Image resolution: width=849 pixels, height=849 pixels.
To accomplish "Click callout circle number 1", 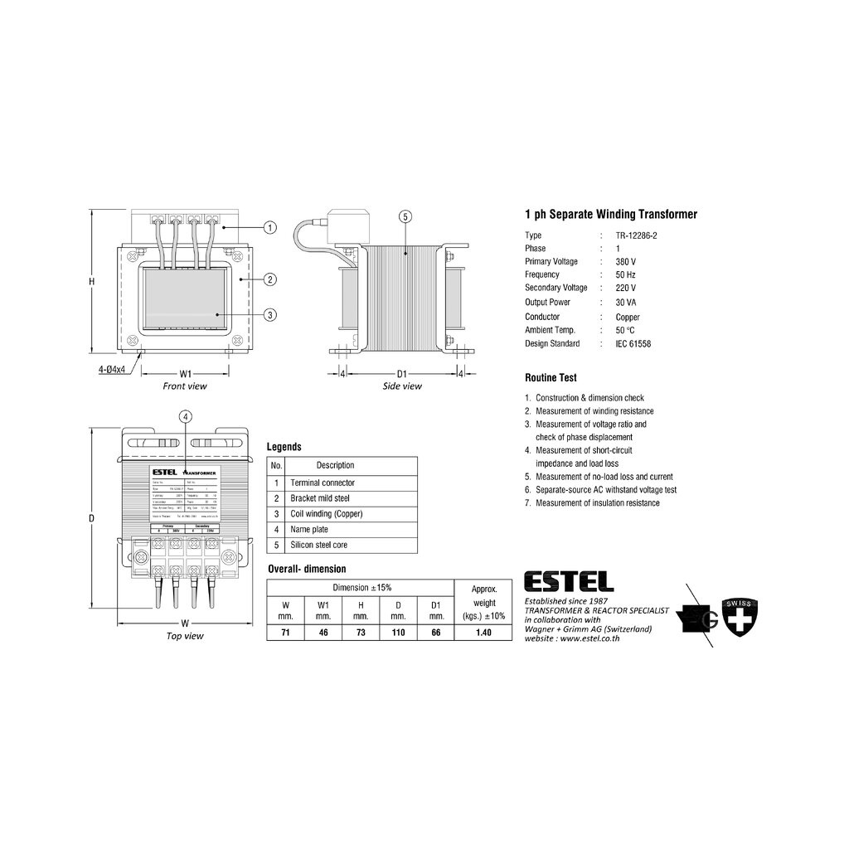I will pyautogui.click(x=269, y=226).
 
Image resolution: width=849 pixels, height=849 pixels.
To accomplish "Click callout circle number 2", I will pyautogui.click(x=269, y=279).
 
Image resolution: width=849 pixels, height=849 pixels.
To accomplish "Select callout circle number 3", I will pyautogui.click(x=269, y=314).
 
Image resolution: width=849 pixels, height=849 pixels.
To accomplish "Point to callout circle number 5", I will pyautogui.click(x=405, y=217).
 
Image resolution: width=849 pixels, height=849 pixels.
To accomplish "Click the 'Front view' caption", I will pyautogui.click(x=186, y=386).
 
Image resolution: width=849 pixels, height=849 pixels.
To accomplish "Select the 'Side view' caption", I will pyautogui.click(x=402, y=386).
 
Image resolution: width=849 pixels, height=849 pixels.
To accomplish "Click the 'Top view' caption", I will pyautogui.click(x=185, y=636).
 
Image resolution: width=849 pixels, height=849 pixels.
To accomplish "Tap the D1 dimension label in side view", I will pyautogui.click(x=402, y=373).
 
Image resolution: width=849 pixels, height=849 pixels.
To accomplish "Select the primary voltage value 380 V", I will pyautogui.click(x=626, y=261).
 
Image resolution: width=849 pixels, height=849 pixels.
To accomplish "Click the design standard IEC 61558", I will pyautogui.click(x=633, y=343).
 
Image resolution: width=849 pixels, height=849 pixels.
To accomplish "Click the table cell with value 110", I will pyautogui.click(x=398, y=633).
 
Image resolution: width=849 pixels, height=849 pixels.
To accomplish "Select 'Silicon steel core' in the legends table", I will pyautogui.click(x=318, y=545).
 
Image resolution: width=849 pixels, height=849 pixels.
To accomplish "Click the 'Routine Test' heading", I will pyautogui.click(x=551, y=377).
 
